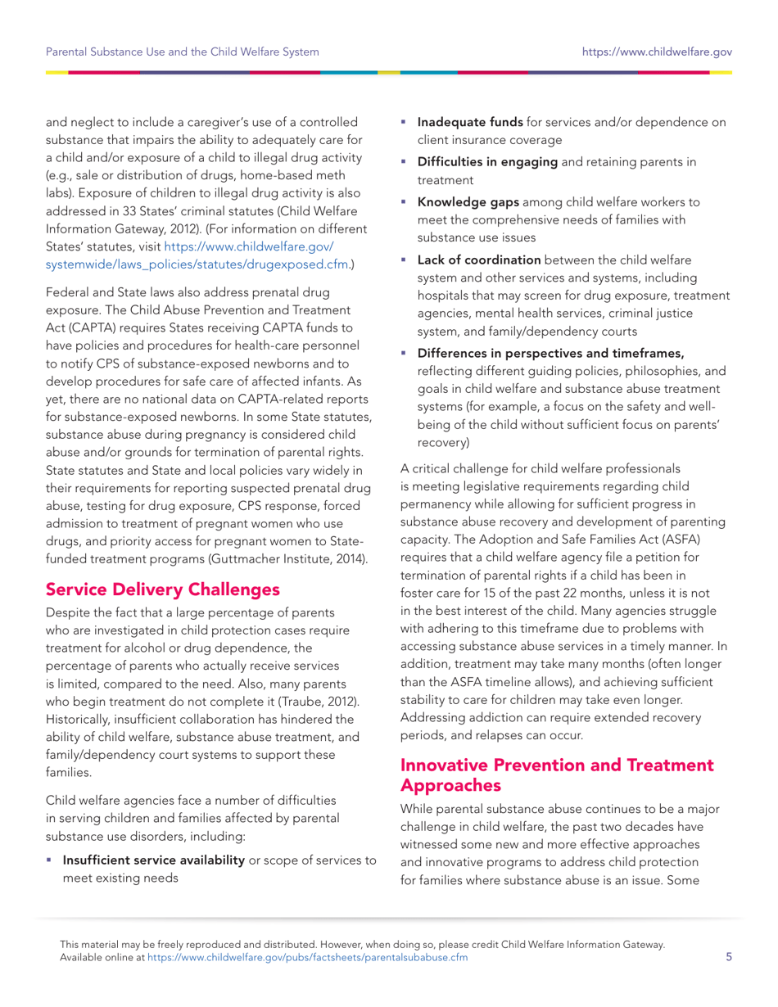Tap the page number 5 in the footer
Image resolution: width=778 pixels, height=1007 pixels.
click(728, 959)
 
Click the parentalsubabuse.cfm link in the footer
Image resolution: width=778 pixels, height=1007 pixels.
click(307, 959)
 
